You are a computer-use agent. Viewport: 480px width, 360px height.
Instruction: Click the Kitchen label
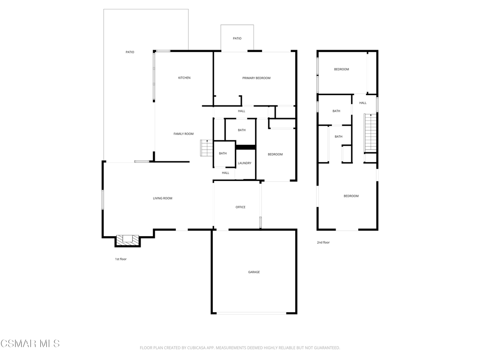click(184, 78)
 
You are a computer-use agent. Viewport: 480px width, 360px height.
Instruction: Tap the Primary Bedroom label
click(256, 78)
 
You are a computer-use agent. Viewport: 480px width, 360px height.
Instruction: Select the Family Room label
click(183, 134)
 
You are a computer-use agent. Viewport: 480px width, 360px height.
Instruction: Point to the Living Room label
click(163, 198)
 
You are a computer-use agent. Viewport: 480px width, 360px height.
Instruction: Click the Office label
click(240, 207)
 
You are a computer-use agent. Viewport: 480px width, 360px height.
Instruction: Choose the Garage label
click(254, 272)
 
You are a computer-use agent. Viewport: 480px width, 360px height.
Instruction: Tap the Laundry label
click(245, 163)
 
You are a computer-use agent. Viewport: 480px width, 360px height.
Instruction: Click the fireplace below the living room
click(127, 240)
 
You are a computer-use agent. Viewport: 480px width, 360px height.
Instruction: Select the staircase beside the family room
click(207, 148)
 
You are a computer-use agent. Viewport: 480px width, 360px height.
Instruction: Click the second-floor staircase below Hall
click(370, 133)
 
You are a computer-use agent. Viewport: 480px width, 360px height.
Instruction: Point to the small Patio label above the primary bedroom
click(237, 38)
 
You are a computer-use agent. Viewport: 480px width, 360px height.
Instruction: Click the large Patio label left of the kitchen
click(130, 52)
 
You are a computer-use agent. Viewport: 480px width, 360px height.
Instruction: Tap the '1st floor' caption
click(120, 259)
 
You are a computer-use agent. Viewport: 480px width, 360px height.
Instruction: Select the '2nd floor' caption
click(323, 242)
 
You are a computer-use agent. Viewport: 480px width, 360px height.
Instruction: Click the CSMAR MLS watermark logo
click(30, 344)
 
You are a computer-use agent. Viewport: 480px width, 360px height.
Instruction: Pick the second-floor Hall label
click(363, 103)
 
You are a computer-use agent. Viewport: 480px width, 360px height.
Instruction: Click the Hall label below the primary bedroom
click(241, 111)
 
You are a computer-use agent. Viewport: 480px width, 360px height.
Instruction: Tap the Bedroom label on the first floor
click(275, 155)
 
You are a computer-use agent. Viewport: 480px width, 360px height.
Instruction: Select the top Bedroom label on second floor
click(341, 69)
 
